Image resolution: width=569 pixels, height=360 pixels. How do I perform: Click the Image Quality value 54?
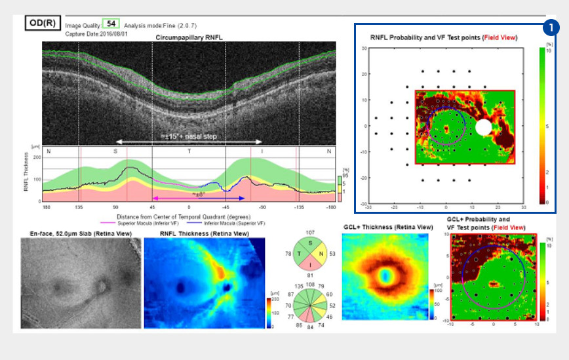coord(111,24)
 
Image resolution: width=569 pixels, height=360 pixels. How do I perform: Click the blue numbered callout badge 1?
coord(552,28)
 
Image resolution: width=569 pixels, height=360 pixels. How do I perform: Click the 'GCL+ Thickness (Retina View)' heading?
coord(387,226)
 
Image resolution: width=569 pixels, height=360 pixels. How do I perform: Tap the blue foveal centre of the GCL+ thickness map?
coord(386,276)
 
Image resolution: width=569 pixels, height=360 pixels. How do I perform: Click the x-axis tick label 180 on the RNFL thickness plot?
coord(46,208)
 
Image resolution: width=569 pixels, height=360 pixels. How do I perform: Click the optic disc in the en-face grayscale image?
coord(102,287)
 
